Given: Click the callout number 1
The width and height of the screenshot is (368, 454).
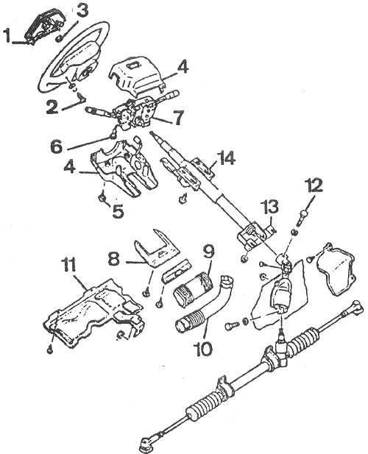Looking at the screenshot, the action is [x=8, y=35].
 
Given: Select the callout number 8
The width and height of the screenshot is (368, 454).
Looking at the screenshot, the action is [x=114, y=258].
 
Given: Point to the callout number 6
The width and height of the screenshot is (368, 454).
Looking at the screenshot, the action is [x=56, y=146].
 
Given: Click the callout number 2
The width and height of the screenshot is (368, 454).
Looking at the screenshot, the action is [x=53, y=107].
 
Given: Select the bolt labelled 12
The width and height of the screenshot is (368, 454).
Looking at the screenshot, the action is [x=302, y=218].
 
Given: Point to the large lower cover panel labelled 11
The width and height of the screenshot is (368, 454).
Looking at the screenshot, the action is [x=93, y=313].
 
